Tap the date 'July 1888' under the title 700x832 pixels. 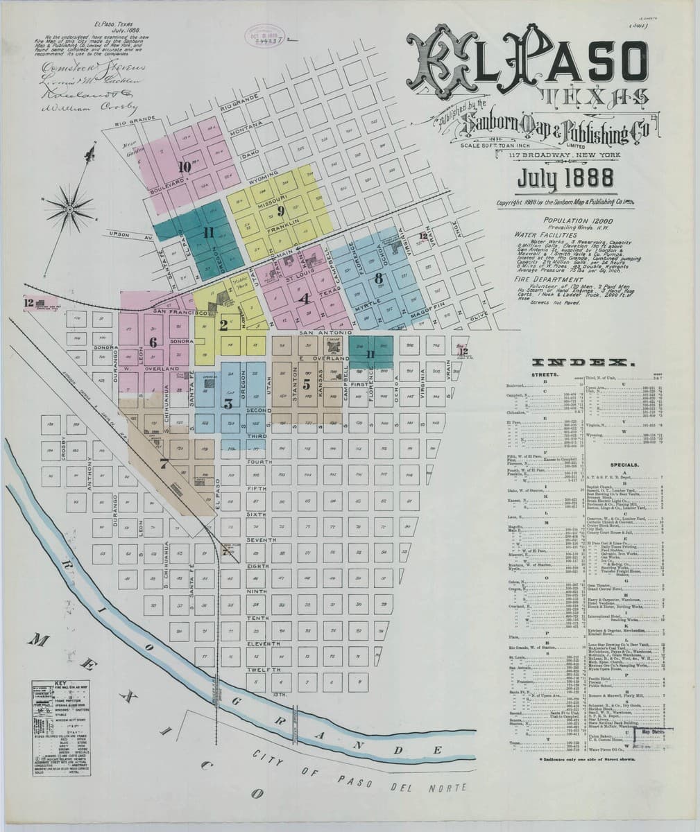[565, 180]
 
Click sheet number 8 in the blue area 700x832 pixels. [378, 279]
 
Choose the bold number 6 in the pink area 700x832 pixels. [153, 342]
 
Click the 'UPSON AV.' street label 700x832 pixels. [121, 237]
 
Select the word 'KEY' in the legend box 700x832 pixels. [60, 683]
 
